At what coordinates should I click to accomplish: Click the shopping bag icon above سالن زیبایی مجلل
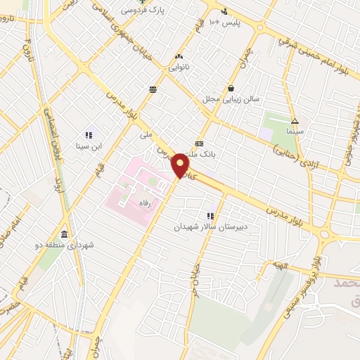231,89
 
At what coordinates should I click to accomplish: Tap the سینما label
295,131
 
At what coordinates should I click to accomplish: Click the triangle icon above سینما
295,120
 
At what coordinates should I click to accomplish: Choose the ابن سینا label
89,146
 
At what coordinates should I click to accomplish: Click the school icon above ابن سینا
89,134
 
